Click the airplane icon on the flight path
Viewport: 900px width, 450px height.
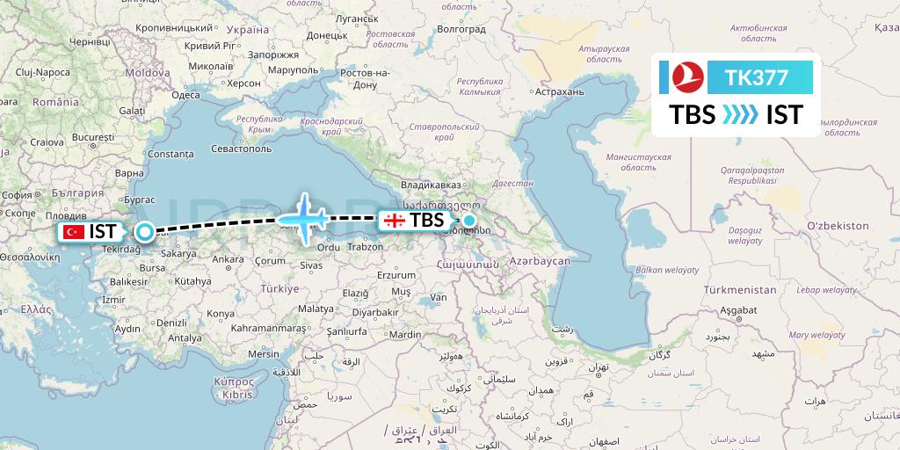tap(303, 216)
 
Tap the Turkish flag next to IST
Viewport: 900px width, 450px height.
tap(74, 232)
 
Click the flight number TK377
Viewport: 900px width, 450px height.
tap(757, 78)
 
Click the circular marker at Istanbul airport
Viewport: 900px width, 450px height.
tap(144, 232)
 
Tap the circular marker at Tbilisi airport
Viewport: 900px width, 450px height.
tap(469, 221)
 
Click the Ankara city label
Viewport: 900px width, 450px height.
tap(229, 259)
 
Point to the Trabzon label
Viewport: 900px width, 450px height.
tap(363, 248)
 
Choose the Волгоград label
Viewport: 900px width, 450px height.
tap(461, 29)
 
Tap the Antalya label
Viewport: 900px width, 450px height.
tap(185, 337)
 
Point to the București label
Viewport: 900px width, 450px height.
tap(94, 138)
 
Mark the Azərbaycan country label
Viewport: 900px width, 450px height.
tap(536, 261)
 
